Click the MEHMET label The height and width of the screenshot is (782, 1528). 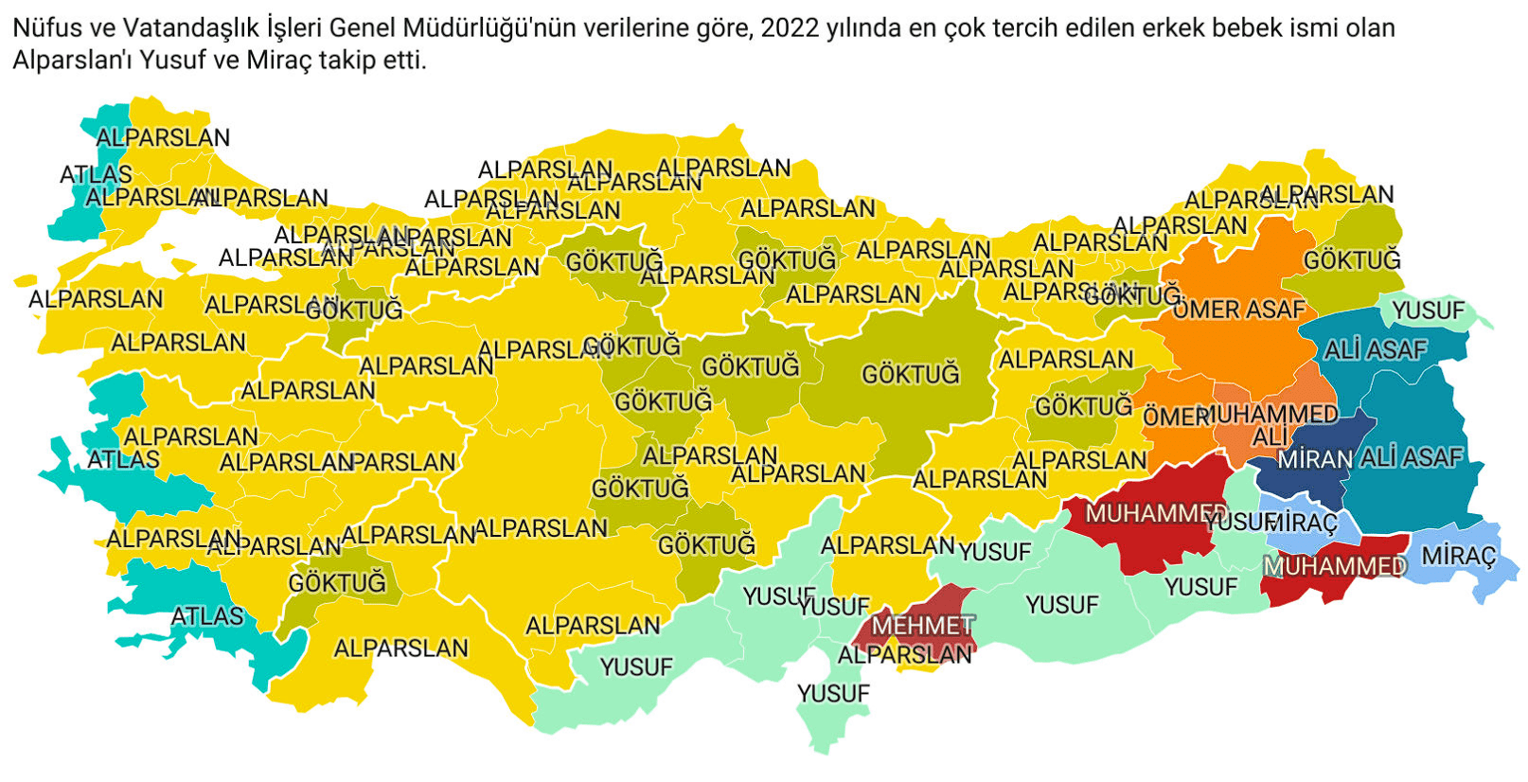[922, 626]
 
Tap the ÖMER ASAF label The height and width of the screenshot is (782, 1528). [1238, 310]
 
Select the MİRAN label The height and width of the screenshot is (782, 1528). [1315, 460]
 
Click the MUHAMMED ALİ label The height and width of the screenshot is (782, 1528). [1270, 425]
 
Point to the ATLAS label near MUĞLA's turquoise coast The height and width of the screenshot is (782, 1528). [207, 616]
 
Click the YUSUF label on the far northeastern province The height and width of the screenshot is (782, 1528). [1428, 311]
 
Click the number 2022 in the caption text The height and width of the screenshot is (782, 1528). [790, 28]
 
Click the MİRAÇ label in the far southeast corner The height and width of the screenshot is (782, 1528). [1458, 555]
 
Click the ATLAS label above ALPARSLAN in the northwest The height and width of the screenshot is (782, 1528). [96, 174]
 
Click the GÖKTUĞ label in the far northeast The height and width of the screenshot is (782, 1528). [1351, 260]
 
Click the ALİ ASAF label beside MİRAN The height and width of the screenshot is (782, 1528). [1412, 458]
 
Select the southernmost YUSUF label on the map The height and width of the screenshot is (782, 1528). [833, 694]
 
